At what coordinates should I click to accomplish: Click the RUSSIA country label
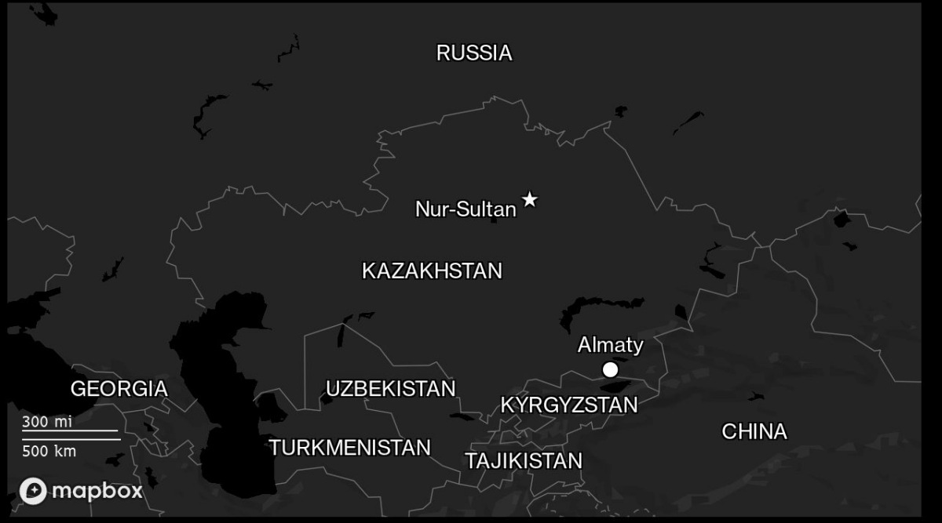pyautogui.click(x=474, y=53)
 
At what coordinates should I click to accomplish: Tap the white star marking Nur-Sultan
pyautogui.click(x=530, y=199)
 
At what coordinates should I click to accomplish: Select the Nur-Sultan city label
pyautogui.click(x=466, y=209)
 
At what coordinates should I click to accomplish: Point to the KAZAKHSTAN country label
pyautogui.click(x=432, y=271)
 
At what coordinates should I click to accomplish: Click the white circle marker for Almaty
pyautogui.click(x=610, y=369)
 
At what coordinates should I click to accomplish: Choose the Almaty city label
pyautogui.click(x=610, y=345)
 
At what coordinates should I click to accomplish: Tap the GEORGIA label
pyautogui.click(x=119, y=389)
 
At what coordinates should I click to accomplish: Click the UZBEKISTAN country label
pyautogui.click(x=390, y=389)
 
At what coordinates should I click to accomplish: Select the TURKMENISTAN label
pyautogui.click(x=349, y=448)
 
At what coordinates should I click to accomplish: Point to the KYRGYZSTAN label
pyautogui.click(x=568, y=405)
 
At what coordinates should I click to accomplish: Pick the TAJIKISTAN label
pyautogui.click(x=524, y=461)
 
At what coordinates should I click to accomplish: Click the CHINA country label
pyautogui.click(x=754, y=432)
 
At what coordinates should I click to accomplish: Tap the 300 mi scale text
pyautogui.click(x=46, y=422)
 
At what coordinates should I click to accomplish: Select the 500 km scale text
pyautogui.click(x=49, y=452)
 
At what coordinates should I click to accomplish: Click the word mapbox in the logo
pyautogui.click(x=97, y=491)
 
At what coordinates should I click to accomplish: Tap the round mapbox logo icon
pyautogui.click(x=33, y=491)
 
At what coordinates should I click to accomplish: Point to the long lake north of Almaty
pyautogui.click(x=601, y=306)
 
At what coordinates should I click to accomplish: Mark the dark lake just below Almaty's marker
pyautogui.click(x=613, y=386)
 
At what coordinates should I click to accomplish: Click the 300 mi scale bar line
pyautogui.click(x=70, y=430)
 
